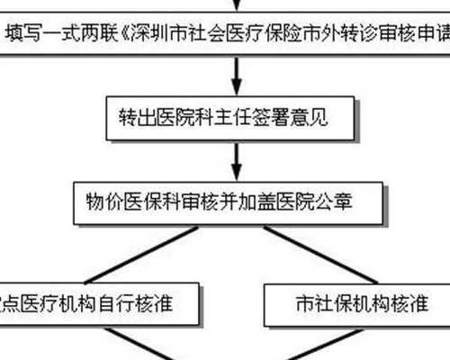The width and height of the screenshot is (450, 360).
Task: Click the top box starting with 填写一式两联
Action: pos(225,35)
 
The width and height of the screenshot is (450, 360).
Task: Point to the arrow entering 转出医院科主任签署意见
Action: pos(236,75)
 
